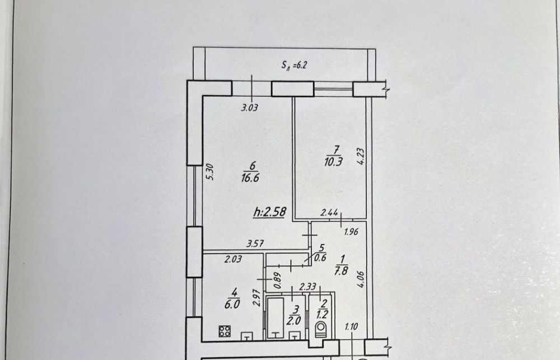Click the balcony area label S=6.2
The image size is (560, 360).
pos(295,65)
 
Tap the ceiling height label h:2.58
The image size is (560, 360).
pos(270,212)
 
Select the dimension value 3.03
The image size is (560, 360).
pos(249,107)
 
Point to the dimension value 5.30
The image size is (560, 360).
pos(210,172)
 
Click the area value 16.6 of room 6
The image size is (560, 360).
pos(250,177)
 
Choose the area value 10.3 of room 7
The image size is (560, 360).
pos(334,162)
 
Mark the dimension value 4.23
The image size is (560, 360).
pos(361,156)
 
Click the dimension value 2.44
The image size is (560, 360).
pos(329,213)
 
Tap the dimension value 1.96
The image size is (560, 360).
pos(351,232)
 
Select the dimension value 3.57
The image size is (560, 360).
pos(255,244)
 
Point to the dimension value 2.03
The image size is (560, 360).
pos(233,259)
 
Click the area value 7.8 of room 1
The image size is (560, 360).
pos(341,271)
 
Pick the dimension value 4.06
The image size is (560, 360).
pos(360,279)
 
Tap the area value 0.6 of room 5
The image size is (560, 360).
pos(321,257)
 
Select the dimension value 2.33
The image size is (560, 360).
pos(307,287)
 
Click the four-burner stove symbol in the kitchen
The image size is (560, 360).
pos(225,331)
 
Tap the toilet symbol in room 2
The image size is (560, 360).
pos(321,330)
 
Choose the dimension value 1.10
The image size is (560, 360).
pos(352,327)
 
